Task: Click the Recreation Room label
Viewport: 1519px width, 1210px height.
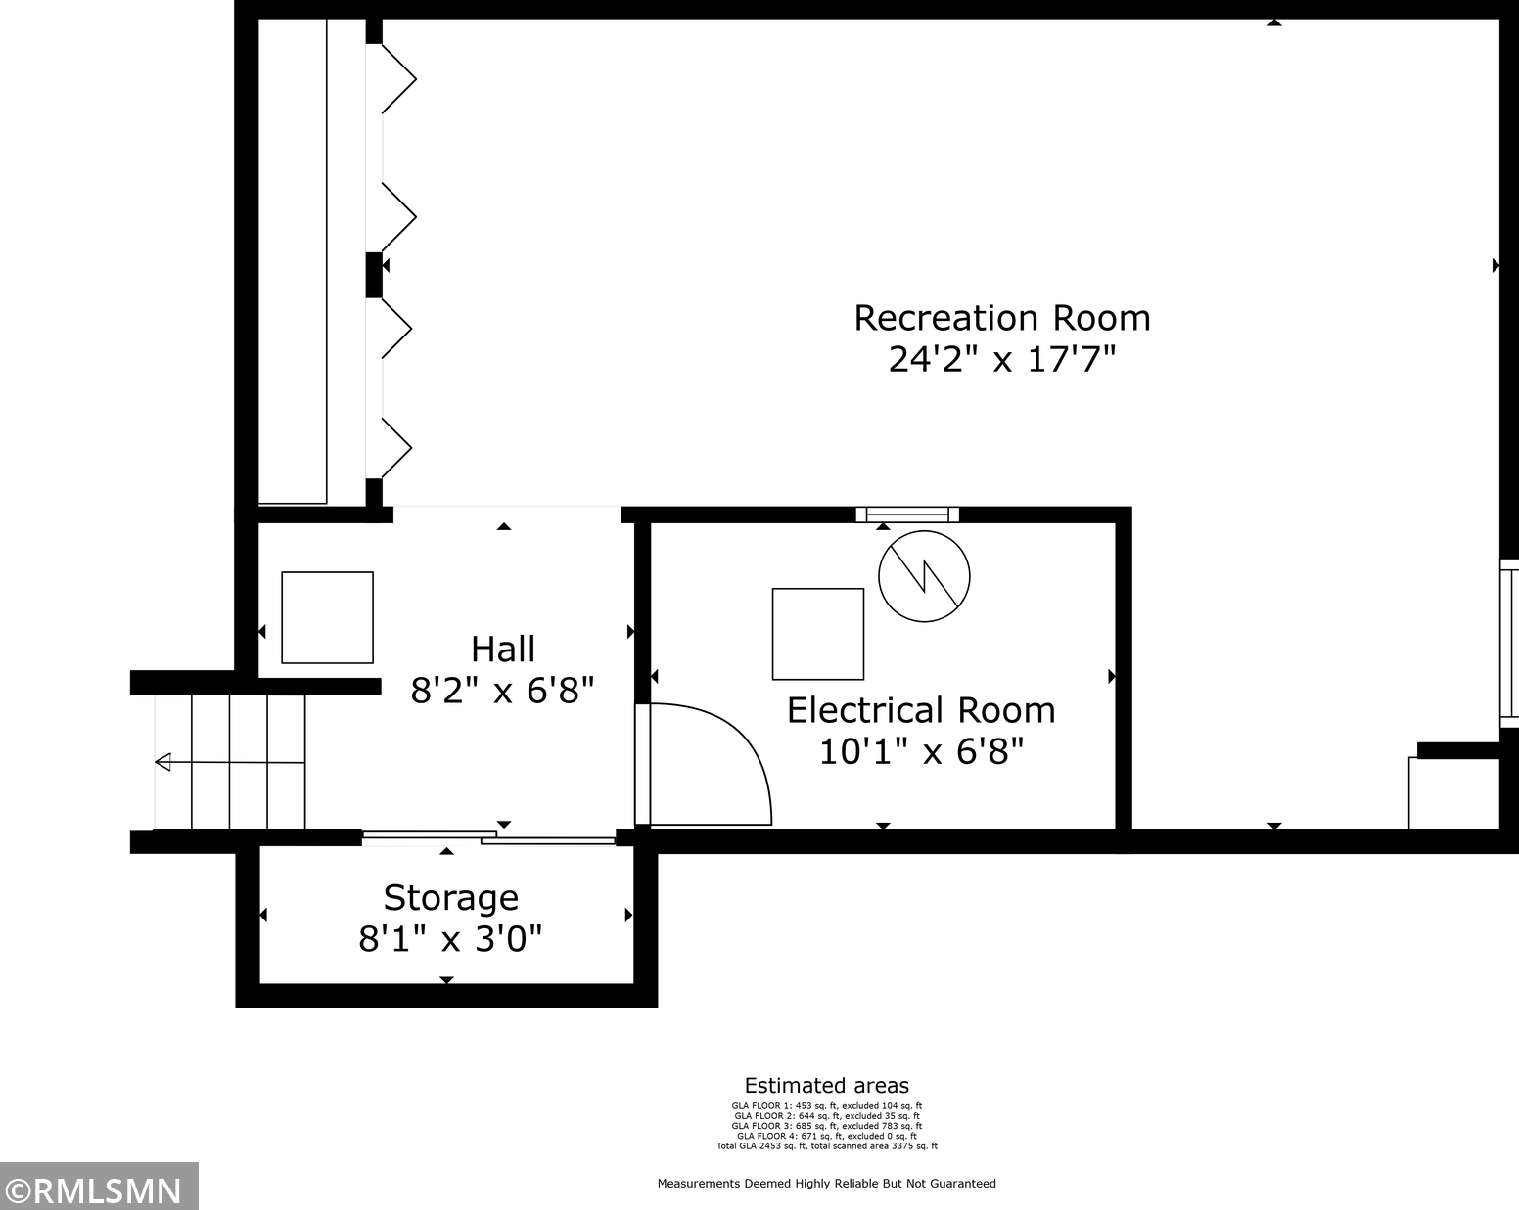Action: tap(1001, 318)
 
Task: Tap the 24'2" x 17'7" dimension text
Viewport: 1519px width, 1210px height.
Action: tap(1001, 359)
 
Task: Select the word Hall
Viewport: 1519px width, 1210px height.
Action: tap(502, 649)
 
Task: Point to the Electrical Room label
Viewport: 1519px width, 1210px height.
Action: tap(921, 710)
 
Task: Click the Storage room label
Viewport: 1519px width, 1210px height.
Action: tap(451, 898)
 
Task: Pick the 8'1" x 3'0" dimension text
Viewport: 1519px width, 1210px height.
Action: tap(450, 939)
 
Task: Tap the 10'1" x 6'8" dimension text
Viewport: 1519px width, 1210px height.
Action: tap(921, 751)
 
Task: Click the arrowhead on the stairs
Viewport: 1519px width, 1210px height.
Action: tap(163, 762)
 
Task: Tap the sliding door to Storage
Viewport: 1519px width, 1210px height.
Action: tap(488, 837)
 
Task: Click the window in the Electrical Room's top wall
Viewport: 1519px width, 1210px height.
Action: tap(907, 515)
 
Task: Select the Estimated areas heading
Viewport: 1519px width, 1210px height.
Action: tap(827, 1085)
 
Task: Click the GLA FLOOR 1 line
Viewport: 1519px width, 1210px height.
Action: tap(827, 1106)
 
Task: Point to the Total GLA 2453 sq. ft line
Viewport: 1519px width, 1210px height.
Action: tap(827, 1145)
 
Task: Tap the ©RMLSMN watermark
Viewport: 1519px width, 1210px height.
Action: tap(98, 1191)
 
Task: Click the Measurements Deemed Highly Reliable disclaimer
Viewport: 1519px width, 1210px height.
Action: tap(827, 1184)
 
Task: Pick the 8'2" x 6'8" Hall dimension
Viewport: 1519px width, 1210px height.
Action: tap(502, 690)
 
